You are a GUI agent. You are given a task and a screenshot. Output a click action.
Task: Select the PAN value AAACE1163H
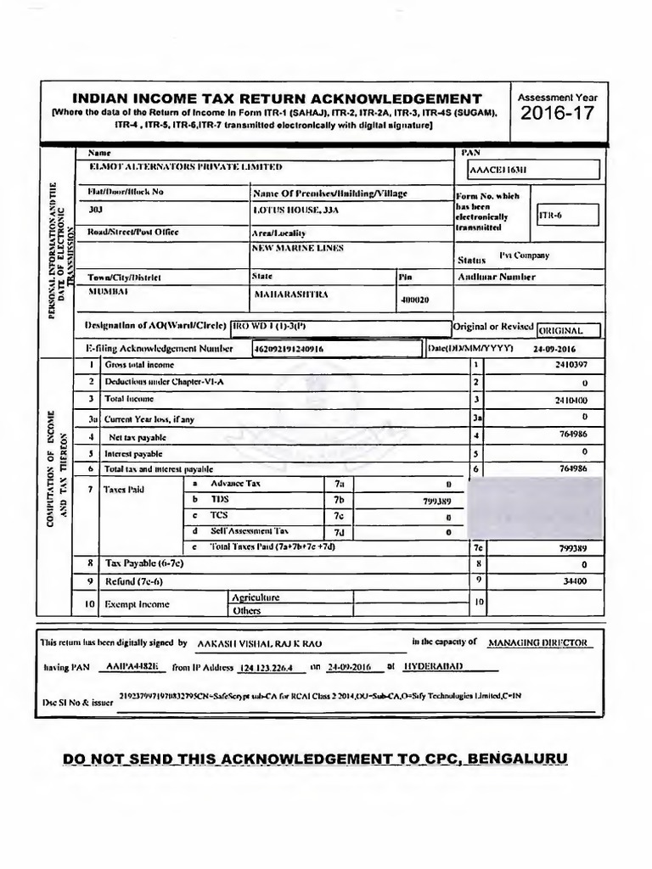(503, 170)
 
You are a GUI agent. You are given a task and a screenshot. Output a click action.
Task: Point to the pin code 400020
(415, 300)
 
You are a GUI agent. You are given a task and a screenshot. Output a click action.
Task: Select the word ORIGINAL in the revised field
(568, 330)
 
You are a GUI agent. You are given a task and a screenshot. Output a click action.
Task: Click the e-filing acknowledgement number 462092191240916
(289, 349)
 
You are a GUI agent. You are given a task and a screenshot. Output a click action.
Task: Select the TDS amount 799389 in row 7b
(436, 502)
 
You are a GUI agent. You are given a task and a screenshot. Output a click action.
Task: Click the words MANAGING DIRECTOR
(539, 643)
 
